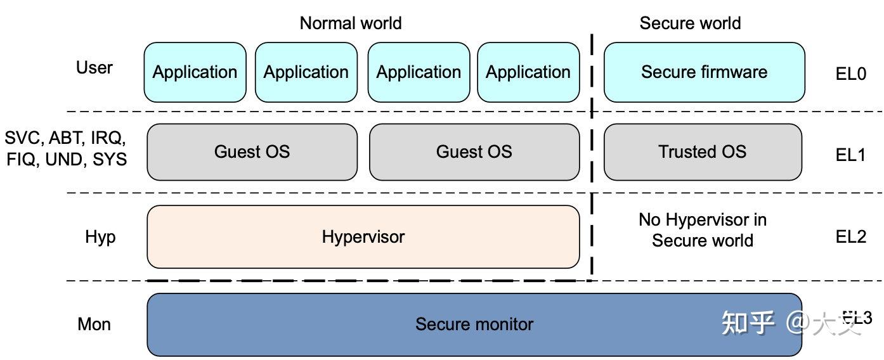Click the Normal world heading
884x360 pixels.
coord(350,23)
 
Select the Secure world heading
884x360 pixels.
coord(689,23)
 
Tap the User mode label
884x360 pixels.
coord(94,68)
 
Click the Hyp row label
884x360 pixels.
coord(100,237)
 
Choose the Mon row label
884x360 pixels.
coord(94,325)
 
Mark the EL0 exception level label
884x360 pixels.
coord(850,74)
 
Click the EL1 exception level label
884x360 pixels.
coord(850,155)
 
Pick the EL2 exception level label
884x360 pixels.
coord(850,237)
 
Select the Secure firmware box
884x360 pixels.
coord(704,72)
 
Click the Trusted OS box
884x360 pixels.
coord(702,152)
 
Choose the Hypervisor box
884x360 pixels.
coord(363,237)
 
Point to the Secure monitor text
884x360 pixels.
coord(474,325)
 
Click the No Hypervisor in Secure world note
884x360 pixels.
coord(702,230)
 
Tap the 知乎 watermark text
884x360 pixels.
coord(748,323)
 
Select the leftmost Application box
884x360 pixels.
coord(195,72)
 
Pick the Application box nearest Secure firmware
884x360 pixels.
coord(528,72)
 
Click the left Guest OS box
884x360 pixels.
coord(252,152)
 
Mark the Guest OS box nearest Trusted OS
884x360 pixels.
coord(474,152)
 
